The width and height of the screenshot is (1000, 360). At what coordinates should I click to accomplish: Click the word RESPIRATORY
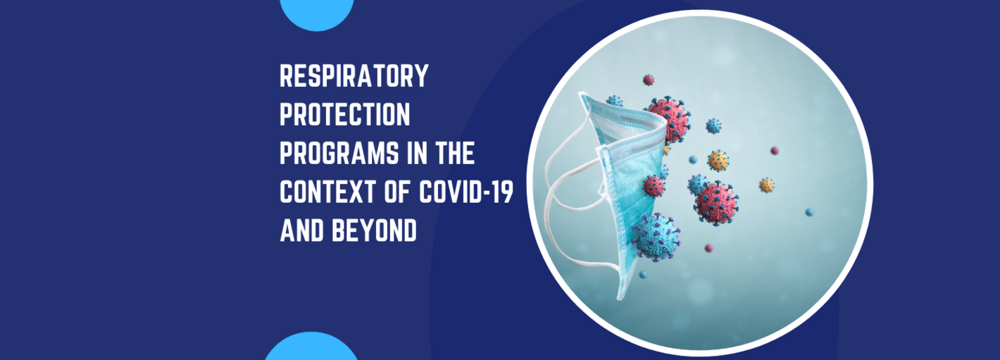click(354, 76)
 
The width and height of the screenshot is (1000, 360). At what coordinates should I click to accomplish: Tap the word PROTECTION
click(344, 115)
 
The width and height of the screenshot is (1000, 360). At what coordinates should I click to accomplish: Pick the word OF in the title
click(398, 192)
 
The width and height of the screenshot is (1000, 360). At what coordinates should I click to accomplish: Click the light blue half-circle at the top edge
click(317, 12)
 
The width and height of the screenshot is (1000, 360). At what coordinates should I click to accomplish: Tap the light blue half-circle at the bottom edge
click(311, 348)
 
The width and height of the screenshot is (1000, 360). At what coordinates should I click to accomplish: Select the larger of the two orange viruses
click(718, 161)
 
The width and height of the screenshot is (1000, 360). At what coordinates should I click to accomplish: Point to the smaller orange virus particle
click(766, 185)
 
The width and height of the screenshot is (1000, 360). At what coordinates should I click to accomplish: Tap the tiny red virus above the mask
click(648, 80)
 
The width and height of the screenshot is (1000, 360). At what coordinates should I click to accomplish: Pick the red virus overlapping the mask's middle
click(654, 186)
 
